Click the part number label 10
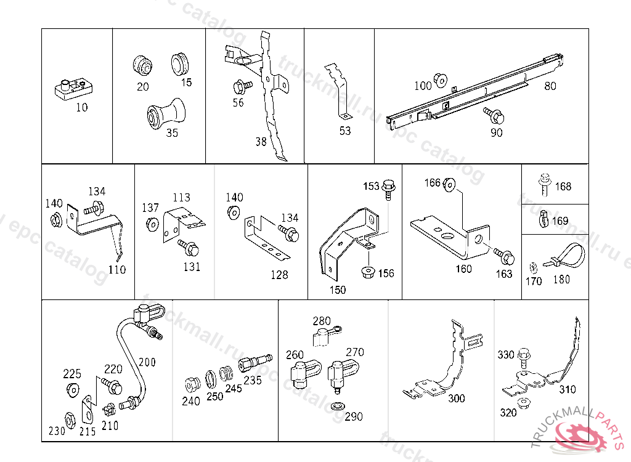tap(82, 107)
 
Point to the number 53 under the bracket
tap(345, 131)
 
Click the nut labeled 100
tap(440, 80)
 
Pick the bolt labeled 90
tap(495, 115)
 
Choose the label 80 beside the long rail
tap(550, 86)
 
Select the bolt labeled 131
tap(189, 248)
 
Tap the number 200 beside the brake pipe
tap(147, 362)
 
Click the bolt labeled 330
tap(524, 356)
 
